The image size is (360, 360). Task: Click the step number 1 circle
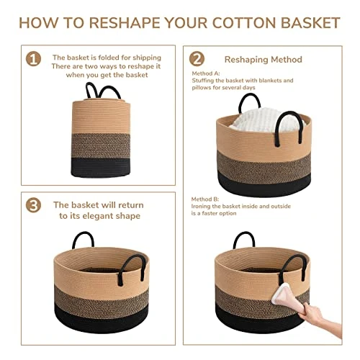click(x=32, y=58)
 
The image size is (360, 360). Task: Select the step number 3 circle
click(x=32, y=205)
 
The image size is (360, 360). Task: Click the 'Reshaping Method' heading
click(x=264, y=59)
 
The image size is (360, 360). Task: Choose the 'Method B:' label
click(x=205, y=199)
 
